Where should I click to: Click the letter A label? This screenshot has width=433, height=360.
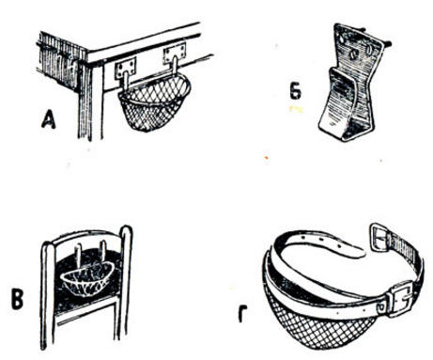point(49,120)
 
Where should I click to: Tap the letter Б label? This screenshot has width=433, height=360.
point(296,91)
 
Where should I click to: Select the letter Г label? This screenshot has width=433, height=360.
point(242,313)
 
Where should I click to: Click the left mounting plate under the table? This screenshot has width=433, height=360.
point(126,69)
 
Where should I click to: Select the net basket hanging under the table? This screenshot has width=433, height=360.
point(154,103)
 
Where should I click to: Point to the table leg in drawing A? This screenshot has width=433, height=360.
point(89,101)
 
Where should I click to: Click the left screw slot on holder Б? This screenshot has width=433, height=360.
point(353,55)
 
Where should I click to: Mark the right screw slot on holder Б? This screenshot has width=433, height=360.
point(370,50)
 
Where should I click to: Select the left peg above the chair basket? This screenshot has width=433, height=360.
point(78,256)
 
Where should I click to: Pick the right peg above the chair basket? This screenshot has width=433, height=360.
point(103,252)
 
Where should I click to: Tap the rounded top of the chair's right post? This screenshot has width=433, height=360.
point(127,229)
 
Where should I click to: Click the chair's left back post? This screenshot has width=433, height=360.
point(47,294)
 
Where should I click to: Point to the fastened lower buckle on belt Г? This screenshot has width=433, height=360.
point(398,300)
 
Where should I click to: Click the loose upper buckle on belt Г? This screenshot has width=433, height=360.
point(380,236)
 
